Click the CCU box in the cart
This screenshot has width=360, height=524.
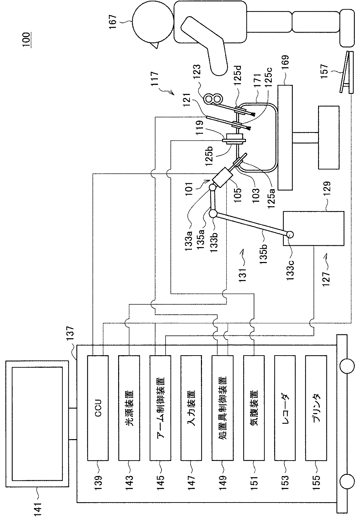[98, 408]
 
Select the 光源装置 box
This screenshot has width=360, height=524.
[129, 408]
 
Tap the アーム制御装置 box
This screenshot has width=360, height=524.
[160, 408]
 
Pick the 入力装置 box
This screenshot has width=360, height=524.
[191, 408]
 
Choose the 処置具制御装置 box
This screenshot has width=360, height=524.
[222, 408]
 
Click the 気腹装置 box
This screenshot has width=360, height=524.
[254, 408]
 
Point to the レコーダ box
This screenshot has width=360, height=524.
[285, 408]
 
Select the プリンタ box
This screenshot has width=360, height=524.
[316, 408]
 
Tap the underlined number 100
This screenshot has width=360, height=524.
[27, 40]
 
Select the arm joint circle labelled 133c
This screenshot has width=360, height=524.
[290, 234]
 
